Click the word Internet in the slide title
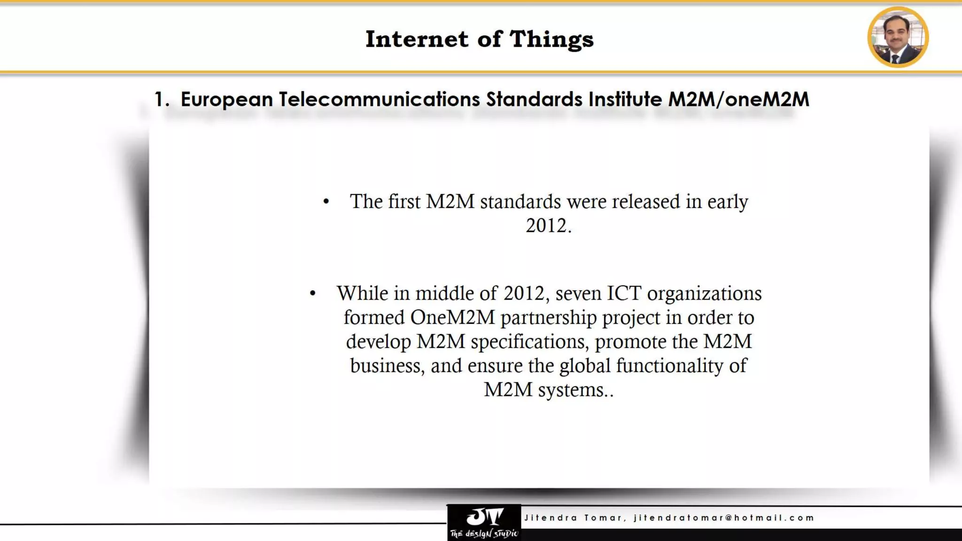417,39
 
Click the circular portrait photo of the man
898,37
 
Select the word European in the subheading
226,100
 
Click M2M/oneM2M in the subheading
738,100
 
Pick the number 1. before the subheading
162,100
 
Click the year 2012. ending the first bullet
548,226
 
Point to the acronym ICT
624,294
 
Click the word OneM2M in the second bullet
452,317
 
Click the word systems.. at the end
575,390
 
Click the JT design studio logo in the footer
484,522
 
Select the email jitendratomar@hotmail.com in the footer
723,518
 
